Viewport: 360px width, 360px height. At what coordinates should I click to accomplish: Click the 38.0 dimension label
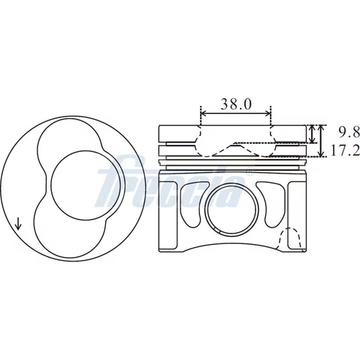pos(236,104)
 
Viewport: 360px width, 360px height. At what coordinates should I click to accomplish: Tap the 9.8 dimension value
pos(349,132)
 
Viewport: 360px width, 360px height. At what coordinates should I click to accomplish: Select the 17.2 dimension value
pos(346,150)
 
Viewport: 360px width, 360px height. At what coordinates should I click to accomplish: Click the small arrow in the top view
pos(18,223)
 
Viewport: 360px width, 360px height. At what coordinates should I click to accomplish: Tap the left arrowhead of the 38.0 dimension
pos(204,114)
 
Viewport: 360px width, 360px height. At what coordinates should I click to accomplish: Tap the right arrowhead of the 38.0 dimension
pos(268,114)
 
